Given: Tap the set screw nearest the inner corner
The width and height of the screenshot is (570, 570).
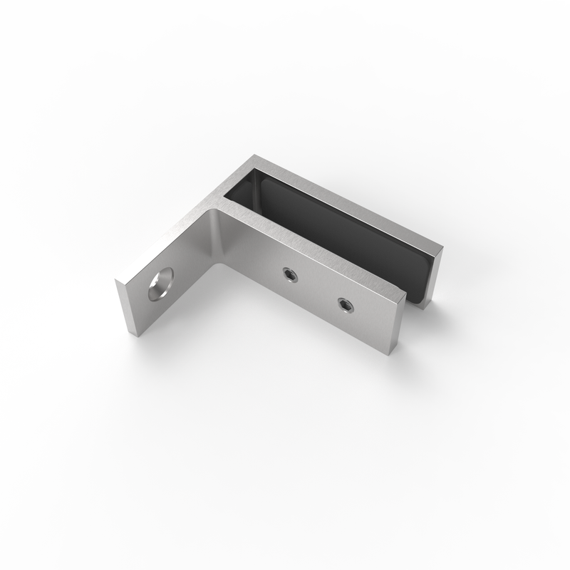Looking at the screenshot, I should click(x=288, y=274).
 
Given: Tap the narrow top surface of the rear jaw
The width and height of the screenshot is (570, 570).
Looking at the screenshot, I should click(x=349, y=199).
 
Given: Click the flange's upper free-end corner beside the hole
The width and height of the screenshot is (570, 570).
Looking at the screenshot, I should click(x=118, y=281).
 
